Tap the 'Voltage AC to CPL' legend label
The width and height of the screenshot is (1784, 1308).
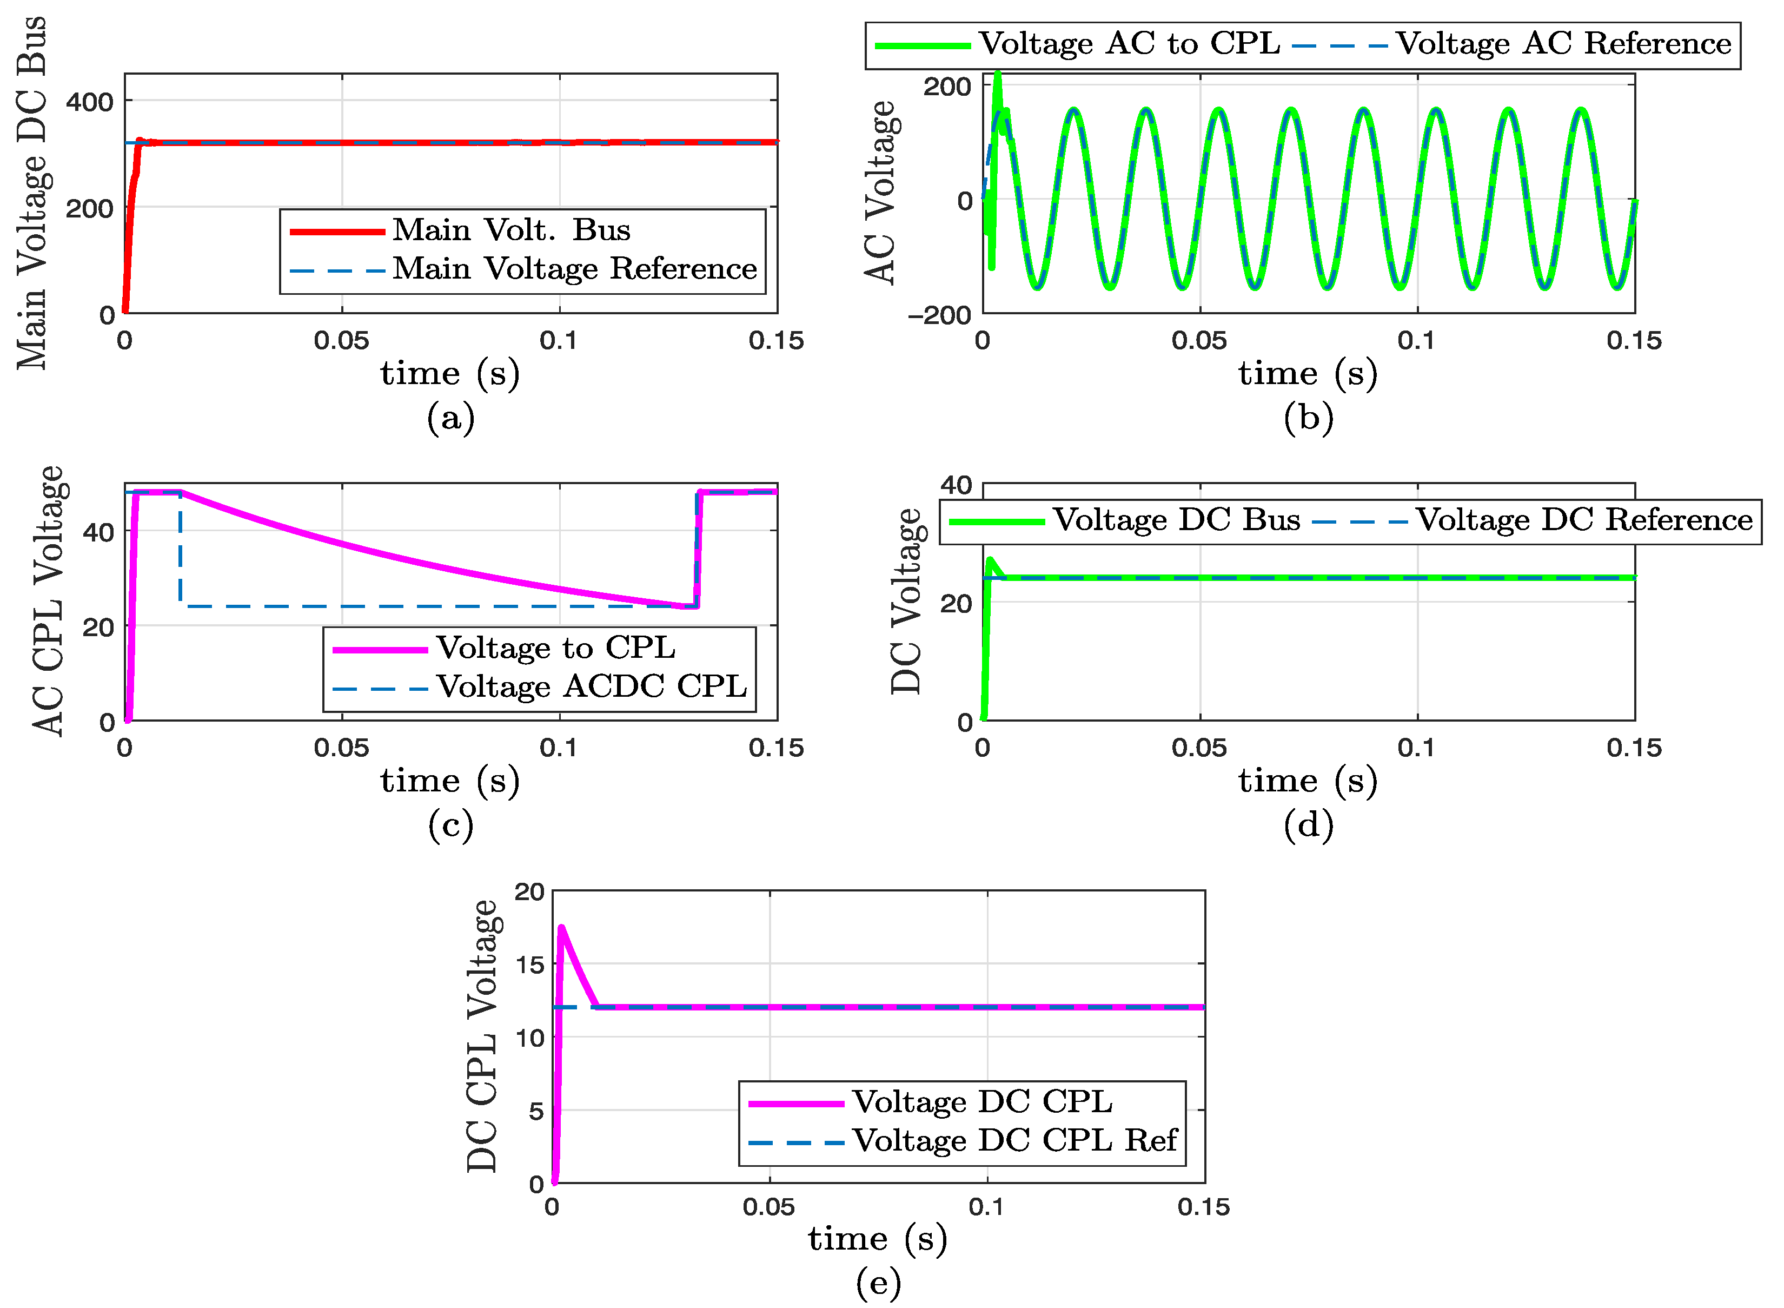click(1130, 44)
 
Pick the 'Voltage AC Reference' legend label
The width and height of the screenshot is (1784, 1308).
click(1563, 44)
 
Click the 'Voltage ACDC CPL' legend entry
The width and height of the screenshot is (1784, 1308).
click(591, 686)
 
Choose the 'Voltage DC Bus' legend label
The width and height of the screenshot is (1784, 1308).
click(1176, 520)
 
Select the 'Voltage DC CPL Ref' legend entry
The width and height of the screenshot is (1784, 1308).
click(1014, 1141)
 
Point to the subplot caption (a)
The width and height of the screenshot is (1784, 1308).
click(450, 417)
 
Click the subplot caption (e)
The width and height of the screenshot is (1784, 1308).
click(878, 1282)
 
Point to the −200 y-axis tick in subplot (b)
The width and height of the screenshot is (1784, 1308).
click(939, 316)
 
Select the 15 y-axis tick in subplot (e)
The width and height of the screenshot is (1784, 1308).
click(529, 965)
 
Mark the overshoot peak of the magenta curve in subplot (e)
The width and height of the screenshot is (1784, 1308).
click(561, 927)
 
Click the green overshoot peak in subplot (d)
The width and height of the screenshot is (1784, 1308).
click(990, 560)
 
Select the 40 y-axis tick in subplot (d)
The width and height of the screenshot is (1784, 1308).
click(956, 485)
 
